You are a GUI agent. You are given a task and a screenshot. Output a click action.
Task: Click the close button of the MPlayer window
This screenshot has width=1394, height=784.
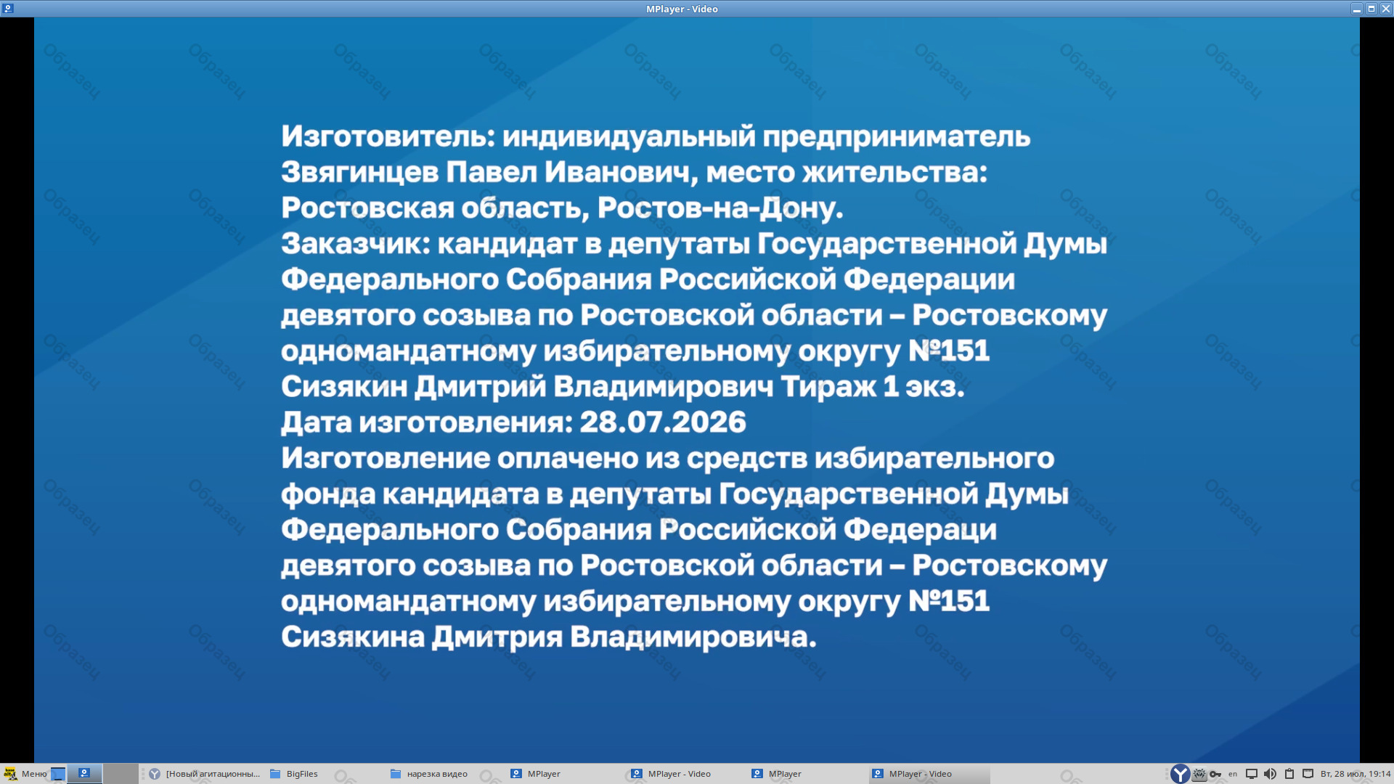coord(1386,9)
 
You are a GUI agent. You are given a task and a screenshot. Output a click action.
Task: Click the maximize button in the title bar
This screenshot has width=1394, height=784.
coord(1371,9)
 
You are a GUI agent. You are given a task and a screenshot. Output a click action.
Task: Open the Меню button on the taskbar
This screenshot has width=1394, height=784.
coord(25,774)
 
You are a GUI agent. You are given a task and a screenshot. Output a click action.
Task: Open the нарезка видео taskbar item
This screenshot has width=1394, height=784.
coord(429,774)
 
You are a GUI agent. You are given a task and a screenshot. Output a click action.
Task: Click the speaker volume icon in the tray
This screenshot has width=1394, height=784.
coord(1270,774)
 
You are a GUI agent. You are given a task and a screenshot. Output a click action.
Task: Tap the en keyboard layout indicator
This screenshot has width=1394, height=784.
coord(1233,774)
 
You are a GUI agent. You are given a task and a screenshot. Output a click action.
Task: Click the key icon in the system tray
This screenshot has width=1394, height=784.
coord(1215,774)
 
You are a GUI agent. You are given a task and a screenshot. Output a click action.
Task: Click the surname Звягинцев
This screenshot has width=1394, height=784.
coord(359,173)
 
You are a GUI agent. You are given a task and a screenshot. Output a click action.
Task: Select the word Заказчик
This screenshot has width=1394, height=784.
coord(356,244)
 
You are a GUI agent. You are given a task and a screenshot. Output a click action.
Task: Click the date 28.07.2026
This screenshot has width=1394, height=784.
coord(663,422)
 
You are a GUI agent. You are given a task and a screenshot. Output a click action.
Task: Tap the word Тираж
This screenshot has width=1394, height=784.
coord(828,387)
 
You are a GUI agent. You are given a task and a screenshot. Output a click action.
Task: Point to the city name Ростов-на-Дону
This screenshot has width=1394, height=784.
coord(720,208)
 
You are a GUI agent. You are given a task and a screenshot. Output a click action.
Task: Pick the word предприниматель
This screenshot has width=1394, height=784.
coord(896,137)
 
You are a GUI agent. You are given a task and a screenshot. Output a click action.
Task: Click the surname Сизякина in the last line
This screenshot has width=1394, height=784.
coord(353,637)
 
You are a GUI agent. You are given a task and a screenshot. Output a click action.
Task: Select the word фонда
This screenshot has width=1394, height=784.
coord(327,494)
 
